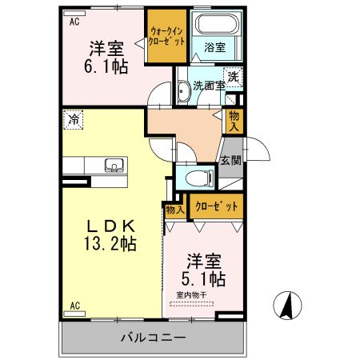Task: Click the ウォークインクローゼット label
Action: tap(166, 36)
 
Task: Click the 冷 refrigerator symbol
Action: tap(73, 120)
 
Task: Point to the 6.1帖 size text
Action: tap(107, 66)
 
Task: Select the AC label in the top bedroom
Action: tap(74, 22)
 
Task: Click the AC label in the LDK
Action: tap(74, 306)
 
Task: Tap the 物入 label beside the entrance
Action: tap(234, 122)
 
